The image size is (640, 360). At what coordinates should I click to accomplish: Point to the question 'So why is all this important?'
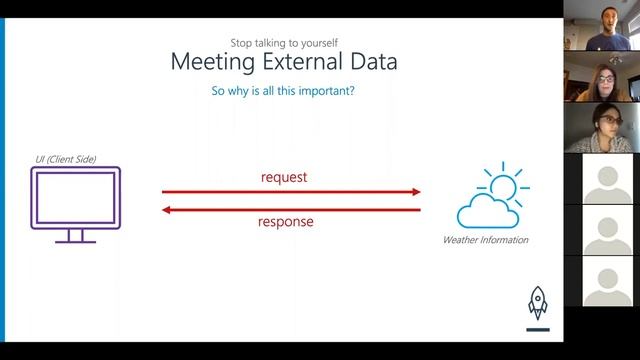click(x=284, y=91)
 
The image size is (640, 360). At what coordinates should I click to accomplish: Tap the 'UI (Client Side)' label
click(x=62, y=159)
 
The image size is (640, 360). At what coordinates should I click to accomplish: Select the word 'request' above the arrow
click(x=284, y=177)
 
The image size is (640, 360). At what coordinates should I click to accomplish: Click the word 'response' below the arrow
click(x=286, y=221)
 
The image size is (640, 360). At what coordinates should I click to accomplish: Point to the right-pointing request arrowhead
click(x=414, y=192)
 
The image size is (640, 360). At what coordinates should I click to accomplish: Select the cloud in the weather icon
click(x=486, y=212)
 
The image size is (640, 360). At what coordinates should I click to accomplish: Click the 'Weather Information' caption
click(x=486, y=240)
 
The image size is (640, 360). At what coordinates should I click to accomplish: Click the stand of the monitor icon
click(x=76, y=236)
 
